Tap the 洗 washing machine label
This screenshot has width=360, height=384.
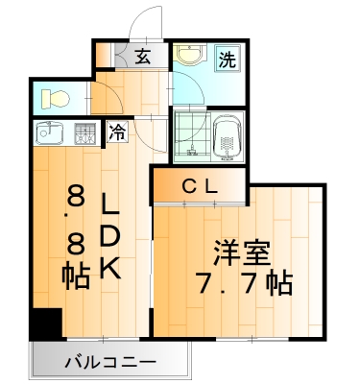(228, 59)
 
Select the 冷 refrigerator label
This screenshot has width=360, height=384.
(117, 134)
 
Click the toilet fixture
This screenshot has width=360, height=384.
(56, 98)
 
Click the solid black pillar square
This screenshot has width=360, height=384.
(44, 324)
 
